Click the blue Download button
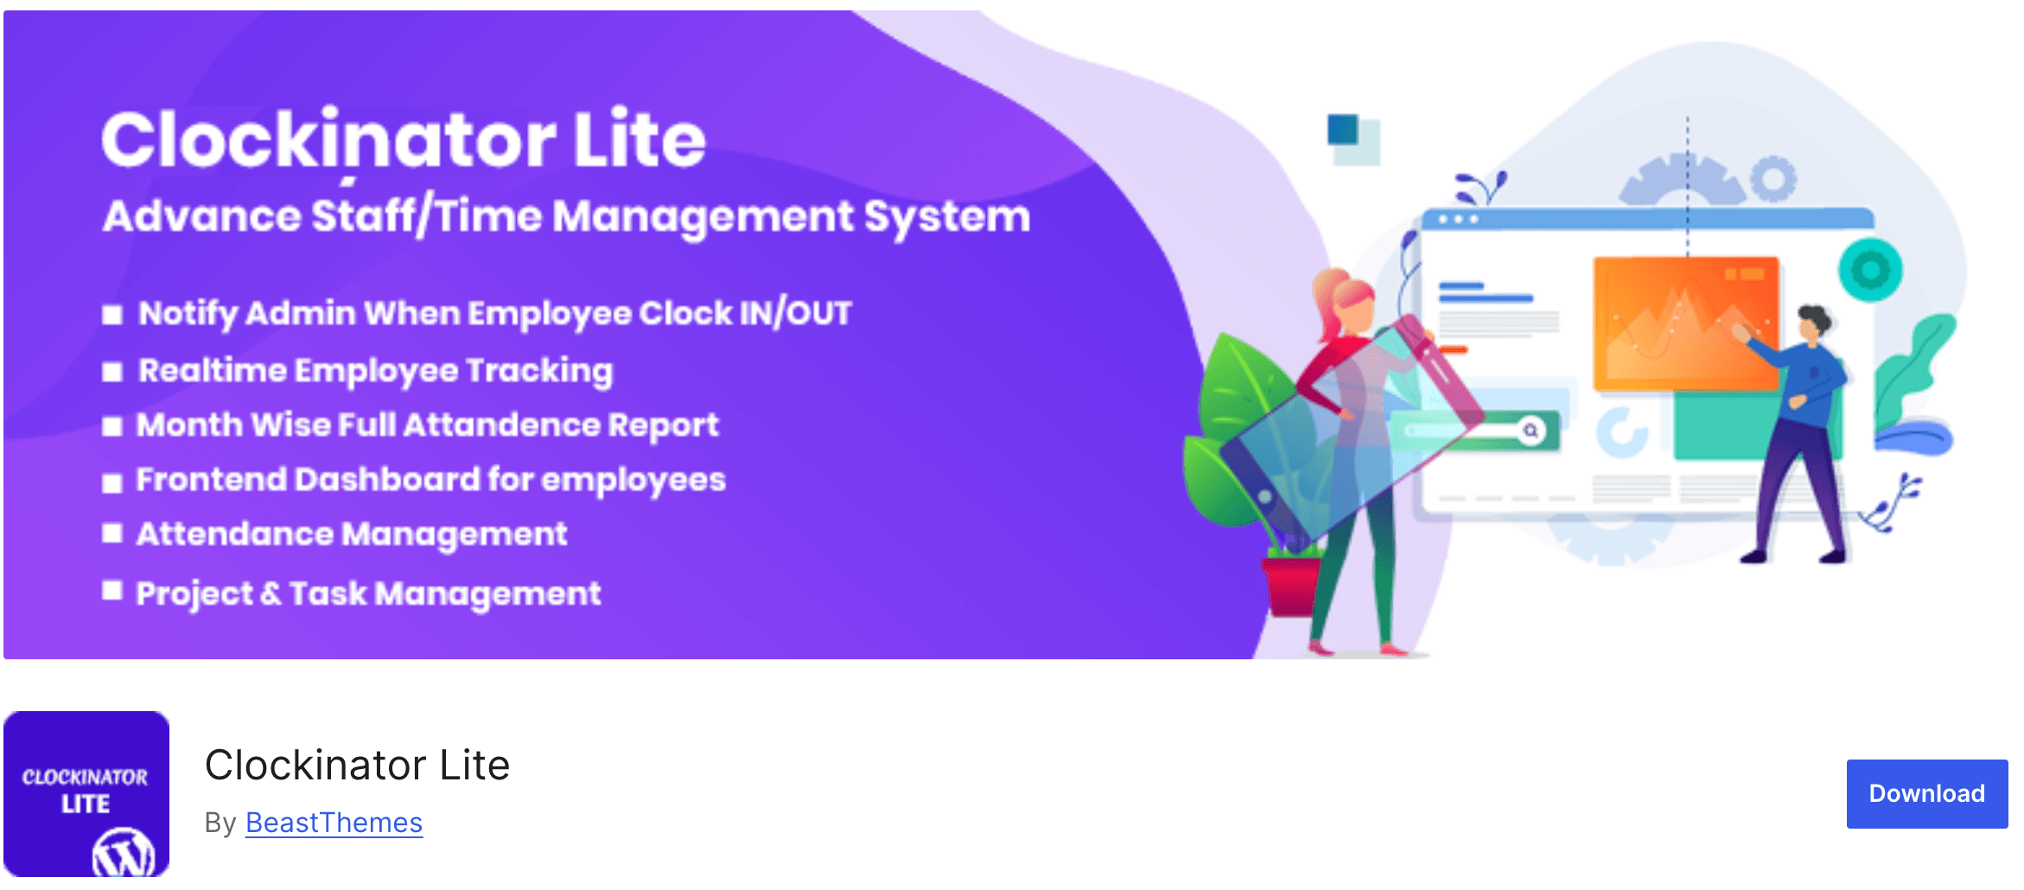(x=1926, y=793)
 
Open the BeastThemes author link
(x=334, y=823)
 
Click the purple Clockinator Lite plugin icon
(x=86, y=793)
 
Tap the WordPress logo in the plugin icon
(x=124, y=854)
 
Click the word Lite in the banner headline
(x=640, y=139)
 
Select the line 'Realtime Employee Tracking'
(x=376, y=371)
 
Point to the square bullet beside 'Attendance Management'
(x=111, y=533)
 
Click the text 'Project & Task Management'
(x=368, y=594)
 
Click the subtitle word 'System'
(x=947, y=216)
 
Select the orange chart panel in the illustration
(x=1686, y=322)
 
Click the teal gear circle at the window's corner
(x=1870, y=270)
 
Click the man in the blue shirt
(x=1798, y=432)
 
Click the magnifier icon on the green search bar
(x=1531, y=430)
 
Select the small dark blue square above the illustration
(x=1342, y=130)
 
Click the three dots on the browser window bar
(x=1458, y=219)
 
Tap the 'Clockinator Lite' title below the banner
(x=357, y=766)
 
